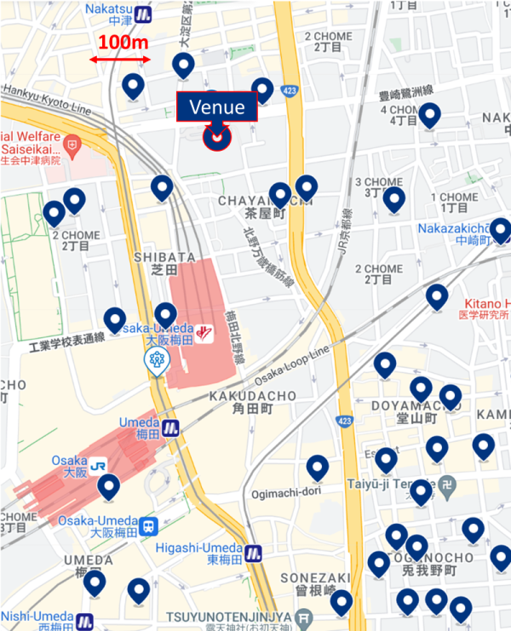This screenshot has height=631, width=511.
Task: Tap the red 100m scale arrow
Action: pos(120,60)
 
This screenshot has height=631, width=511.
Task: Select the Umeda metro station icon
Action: pos(172,427)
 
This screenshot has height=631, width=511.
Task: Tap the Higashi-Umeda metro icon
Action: pos(253,553)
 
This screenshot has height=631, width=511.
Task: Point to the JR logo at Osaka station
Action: pos(99,466)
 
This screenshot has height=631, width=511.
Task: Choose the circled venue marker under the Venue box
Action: pos(218,137)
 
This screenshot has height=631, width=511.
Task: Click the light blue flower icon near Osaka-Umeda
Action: pos(157,363)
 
